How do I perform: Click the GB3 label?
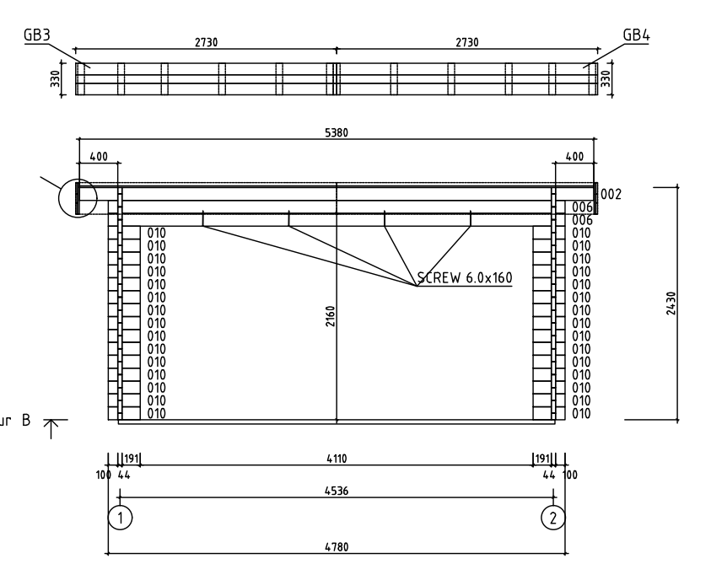pyautogui.click(x=37, y=35)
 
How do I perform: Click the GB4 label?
pyautogui.click(x=636, y=35)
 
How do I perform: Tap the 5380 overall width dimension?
pyautogui.click(x=337, y=132)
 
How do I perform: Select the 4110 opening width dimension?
pyautogui.click(x=337, y=459)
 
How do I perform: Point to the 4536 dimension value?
pyautogui.click(x=337, y=491)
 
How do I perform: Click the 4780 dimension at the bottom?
pyautogui.click(x=337, y=547)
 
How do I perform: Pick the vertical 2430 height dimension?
pyautogui.click(x=671, y=303)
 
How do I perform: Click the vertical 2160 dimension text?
pyautogui.click(x=330, y=316)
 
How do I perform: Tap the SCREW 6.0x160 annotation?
pyautogui.click(x=465, y=277)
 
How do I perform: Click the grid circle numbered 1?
pyautogui.click(x=120, y=518)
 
